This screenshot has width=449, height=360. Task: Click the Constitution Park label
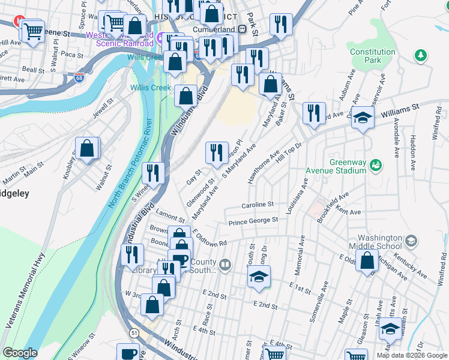(373, 56)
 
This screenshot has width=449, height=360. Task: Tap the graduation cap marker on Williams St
(363, 118)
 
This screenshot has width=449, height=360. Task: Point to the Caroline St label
(258, 205)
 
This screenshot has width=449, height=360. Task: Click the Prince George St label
(253, 221)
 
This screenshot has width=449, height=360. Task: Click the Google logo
(19, 353)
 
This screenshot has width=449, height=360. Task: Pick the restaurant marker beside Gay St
(217, 153)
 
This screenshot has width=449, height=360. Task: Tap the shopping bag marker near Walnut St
(88, 149)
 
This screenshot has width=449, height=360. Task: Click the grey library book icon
(225, 264)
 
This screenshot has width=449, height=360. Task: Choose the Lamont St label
(169, 215)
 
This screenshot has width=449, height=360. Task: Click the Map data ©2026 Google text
(411, 355)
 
